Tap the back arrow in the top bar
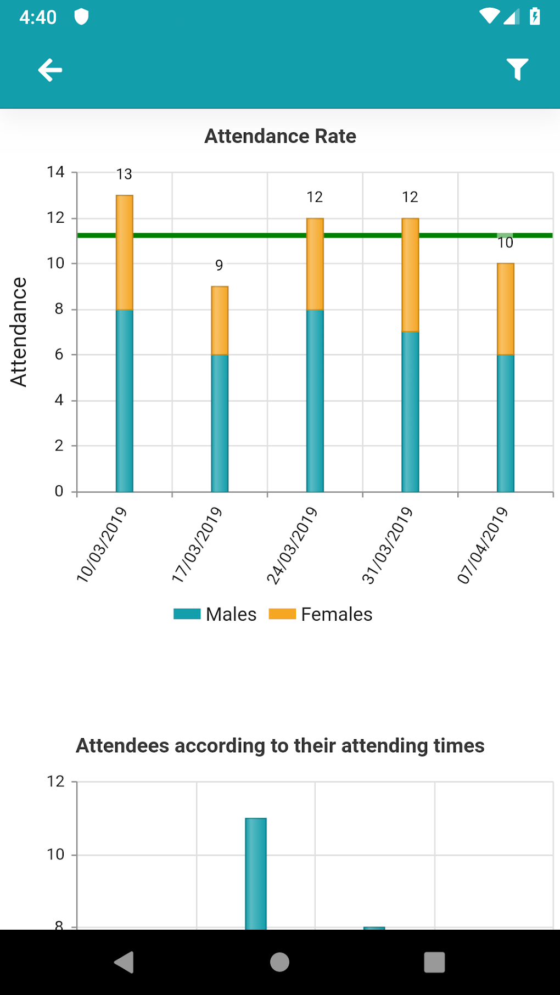point(50,70)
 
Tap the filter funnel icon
point(517,69)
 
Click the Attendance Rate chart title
point(280,136)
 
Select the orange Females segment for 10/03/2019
point(125,252)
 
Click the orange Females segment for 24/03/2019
point(315,265)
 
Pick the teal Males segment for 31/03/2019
point(410,412)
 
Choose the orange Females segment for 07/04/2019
point(506,309)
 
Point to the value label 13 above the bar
point(124,175)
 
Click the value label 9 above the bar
point(219,266)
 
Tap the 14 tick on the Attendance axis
point(56,172)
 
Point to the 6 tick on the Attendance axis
point(59,355)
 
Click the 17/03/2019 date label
point(197,544)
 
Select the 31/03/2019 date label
point(387,544)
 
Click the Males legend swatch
point(187,614)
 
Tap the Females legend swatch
point(282,614)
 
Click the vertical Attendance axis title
point(19,332)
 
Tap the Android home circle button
point(280,962)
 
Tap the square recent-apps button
point(434,962)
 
